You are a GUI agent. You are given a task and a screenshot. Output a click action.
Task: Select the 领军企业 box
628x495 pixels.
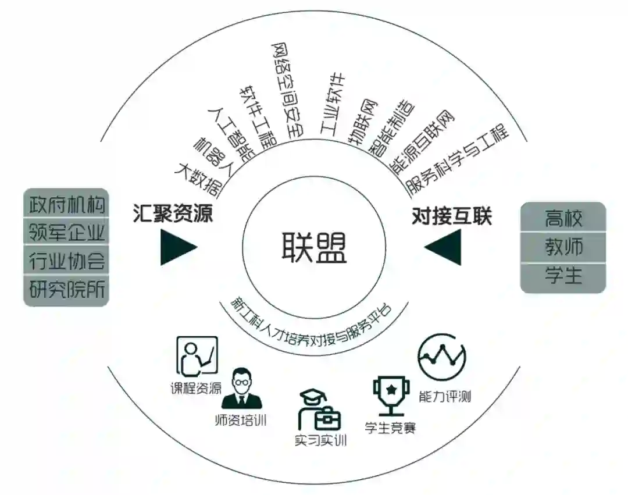point(67,232)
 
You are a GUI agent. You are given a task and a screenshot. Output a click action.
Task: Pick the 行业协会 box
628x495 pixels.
point(67,261)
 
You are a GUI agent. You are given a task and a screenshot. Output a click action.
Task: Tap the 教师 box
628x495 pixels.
point(563,247)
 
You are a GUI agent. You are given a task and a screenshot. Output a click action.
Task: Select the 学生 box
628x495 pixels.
point(563,276)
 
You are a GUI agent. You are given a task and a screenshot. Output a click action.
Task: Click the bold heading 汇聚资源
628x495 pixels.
point(172,215)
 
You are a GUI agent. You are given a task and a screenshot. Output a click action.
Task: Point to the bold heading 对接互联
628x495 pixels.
point(452,216)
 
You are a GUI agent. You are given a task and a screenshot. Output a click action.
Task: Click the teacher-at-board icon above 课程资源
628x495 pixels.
point(197,356)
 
